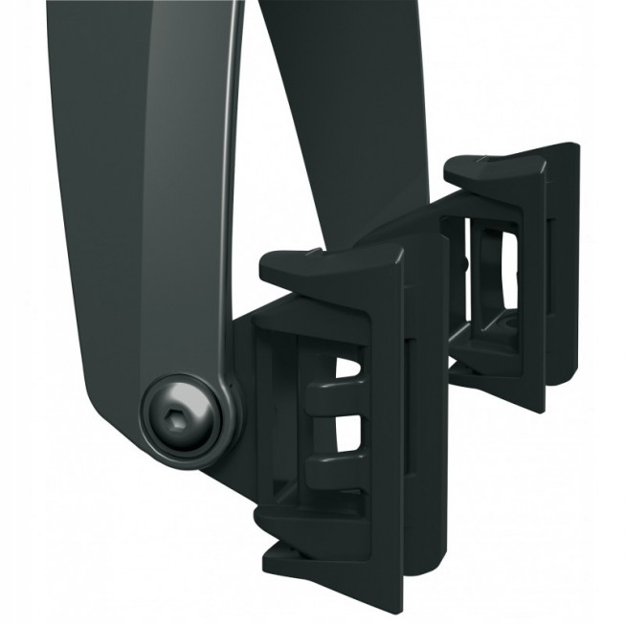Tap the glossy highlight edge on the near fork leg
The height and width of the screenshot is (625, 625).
point(233,191)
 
